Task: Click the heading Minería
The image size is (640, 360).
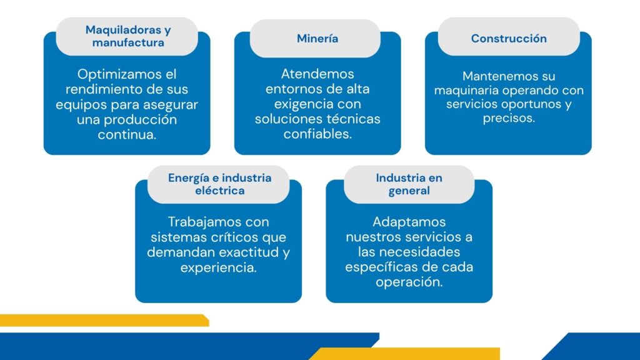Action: tap(317, 38)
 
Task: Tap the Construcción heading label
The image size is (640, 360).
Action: tap(509, 38)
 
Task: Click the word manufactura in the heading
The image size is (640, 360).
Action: tap(128, 42)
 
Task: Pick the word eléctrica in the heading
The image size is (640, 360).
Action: tap(219, 190)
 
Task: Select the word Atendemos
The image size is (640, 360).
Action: tap(317, 74)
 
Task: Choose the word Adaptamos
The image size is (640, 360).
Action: tap(409, 222)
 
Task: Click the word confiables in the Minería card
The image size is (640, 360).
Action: tap(317, 134)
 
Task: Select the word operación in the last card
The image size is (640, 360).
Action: tap(409, 282)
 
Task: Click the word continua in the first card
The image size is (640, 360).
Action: tap(127, 134)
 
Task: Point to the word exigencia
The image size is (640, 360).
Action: tap(299, 104)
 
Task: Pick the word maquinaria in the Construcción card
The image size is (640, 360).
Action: tap(466, 90)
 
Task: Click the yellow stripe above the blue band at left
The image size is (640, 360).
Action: tap(104, 321)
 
